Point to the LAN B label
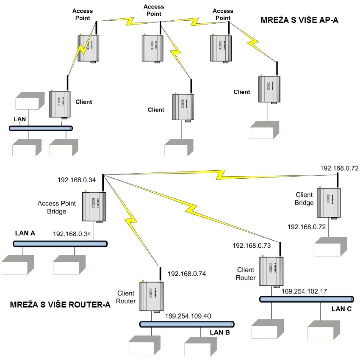click(x=220, y=332)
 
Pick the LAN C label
click(x=341, y=309)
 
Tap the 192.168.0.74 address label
click(x=187, y=274)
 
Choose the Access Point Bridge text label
click(x=57, y=207)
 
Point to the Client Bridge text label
click(x=304, y=199)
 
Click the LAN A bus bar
click(x=60, y=244)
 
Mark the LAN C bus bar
click(x=306, y=299)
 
